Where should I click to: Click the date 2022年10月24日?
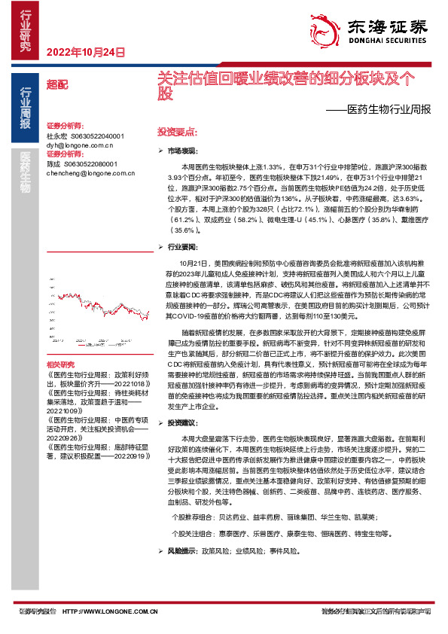point(84,52)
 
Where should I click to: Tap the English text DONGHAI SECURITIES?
point(386,44)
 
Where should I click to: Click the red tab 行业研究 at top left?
point(26,30)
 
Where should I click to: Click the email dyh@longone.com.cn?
point(79,145)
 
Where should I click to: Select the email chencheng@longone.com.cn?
point(90,172)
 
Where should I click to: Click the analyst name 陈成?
point(53,163)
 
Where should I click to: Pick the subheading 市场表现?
point(181,151)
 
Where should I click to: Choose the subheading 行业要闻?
point(181,245)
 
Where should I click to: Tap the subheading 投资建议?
point(181,422)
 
